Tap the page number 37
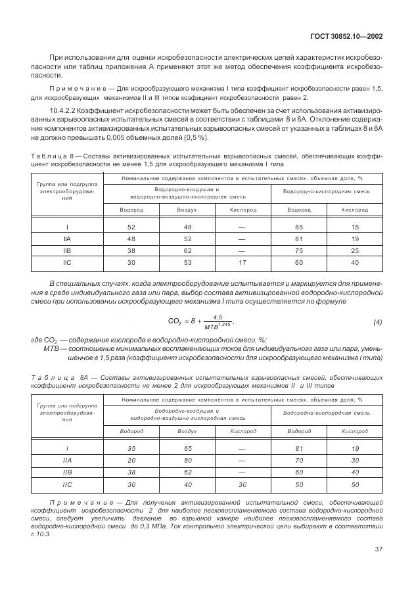click(x=377, y=549)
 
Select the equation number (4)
click(x=377, y=322)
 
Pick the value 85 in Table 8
click(x=299, y=227)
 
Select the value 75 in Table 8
click(x=299, y=252)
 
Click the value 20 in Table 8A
click(x=131, y=461)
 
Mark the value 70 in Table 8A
click(x=299, y=461)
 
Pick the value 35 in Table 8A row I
click(x=131, y=448)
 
